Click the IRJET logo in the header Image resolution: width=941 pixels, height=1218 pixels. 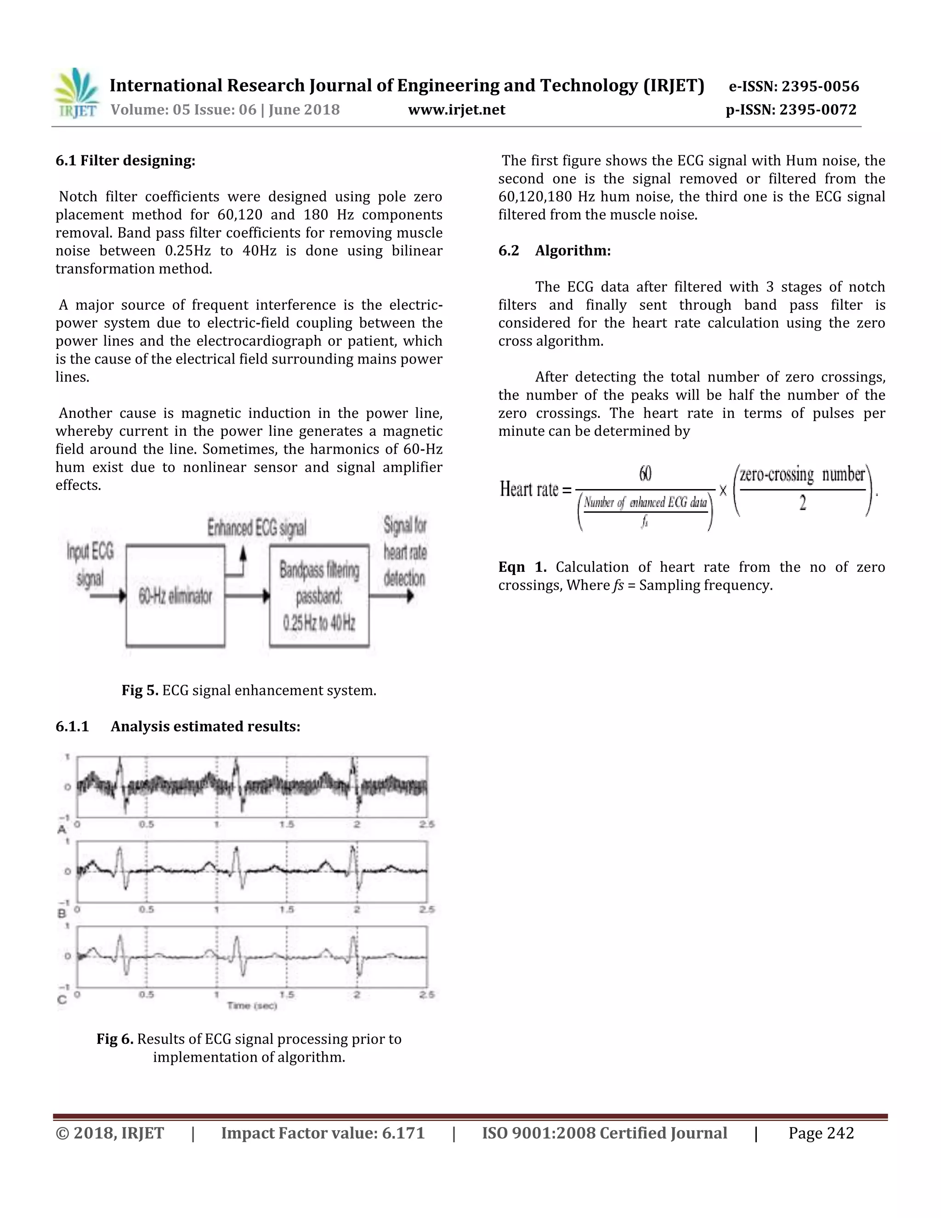[x=76, y=93]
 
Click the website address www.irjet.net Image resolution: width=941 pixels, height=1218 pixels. [x=457, y=110]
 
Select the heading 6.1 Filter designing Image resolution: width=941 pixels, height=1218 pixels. [x=125, y=160]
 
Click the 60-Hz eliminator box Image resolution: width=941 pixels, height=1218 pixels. [x=176, y=596]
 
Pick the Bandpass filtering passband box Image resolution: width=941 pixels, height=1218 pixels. [x=319, y=596]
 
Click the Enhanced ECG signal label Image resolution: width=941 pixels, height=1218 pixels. [x=257, y=528]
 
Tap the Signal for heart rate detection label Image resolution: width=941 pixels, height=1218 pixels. [x=405, y=552]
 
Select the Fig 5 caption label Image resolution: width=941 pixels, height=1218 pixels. [x=140, y=690]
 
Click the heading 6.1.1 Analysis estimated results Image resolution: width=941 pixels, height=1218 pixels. [x=178, y=726]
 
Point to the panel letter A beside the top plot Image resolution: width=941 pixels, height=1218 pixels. [x=62, y=830]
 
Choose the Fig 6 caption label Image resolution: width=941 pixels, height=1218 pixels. [x=115, y=1039]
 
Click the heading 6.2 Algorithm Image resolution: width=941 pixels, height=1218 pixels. [x=554, y=251]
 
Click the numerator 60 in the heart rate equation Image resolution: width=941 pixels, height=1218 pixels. [x=645, y=474]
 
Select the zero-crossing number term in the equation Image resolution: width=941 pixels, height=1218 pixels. [x=802, y=475]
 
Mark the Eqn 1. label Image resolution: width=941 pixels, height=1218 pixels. [x=522, y=567]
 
